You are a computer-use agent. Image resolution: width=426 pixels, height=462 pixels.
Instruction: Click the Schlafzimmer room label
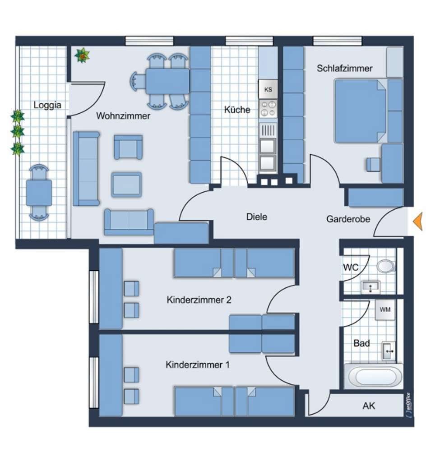click(344, 69)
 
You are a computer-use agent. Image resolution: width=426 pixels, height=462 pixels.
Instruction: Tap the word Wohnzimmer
click(123, 116)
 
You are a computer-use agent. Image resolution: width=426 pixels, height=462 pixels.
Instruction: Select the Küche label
click(237, 110)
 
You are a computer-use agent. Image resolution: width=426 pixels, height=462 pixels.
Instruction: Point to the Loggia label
click(47, 105)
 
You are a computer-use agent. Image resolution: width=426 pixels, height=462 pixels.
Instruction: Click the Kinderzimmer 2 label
click(199, 300)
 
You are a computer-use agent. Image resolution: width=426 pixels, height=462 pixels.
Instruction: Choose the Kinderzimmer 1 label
click(197, 365)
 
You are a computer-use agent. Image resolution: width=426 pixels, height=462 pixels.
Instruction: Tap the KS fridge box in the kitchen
click(268, 89)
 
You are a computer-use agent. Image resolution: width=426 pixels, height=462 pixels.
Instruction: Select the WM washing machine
click(385, 310)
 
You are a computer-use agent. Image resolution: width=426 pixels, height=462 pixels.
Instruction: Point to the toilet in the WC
click(386, 266)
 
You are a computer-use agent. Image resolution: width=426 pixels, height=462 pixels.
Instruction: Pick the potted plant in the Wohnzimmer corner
click(82, 55)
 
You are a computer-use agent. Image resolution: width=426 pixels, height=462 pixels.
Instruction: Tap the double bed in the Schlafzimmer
click(361, 111)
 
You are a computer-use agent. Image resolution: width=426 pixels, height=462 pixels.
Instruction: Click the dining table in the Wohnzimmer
click(167, 81)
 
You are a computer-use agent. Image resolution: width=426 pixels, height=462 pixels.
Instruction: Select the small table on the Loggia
click(39, 193)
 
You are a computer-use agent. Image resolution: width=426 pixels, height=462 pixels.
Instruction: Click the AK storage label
click(369, 406)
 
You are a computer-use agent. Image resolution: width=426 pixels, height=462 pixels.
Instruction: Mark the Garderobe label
click(348, 219)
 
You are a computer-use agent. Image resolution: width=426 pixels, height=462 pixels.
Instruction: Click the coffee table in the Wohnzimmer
click(126, 185)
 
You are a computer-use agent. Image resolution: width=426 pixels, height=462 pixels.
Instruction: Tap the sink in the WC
click(370, 287)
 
